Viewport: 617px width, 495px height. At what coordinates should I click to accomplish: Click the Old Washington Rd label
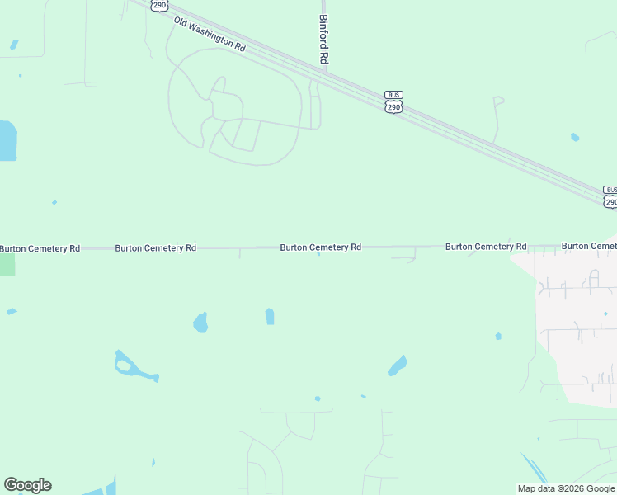click(x=210, y=35)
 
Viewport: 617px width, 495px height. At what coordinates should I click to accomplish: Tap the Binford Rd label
click(x=324, y=40)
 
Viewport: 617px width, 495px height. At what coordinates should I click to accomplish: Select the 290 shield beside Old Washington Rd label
click(x=159, y=5)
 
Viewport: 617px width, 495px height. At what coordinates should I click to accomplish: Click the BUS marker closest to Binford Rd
click(x=393, y=95)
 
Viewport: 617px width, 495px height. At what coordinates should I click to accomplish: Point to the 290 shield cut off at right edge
click(x=610, y=201)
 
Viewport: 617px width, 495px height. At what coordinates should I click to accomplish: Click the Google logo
click(x=27, y=485)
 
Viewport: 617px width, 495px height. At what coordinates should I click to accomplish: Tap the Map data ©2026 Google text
click(x=567, y=488)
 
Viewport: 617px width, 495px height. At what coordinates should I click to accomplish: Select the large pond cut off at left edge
click(x=7, y=141)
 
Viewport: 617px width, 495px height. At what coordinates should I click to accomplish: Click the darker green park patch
click(x=7, y=264)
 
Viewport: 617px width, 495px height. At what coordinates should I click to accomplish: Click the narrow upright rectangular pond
click(x=270, y=316)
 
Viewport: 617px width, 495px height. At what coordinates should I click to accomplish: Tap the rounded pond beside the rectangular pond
click(x=200, y=322)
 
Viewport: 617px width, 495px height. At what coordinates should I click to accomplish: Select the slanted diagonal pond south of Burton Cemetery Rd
click(x=398, y=365)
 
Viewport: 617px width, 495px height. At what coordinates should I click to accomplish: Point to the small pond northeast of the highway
click(x=575, y=137)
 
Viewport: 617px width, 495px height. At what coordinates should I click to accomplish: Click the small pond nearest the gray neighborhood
click(x=498, y=336)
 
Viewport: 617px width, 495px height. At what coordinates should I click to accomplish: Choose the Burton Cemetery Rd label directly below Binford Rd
click(x=320, y=247)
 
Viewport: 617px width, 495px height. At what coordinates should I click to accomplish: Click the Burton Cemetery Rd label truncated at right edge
click(x=589, y=246)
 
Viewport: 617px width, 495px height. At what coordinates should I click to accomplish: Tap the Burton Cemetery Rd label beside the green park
click(x=40, y=248)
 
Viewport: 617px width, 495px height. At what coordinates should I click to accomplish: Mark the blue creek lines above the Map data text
click(x=534, y=469)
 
